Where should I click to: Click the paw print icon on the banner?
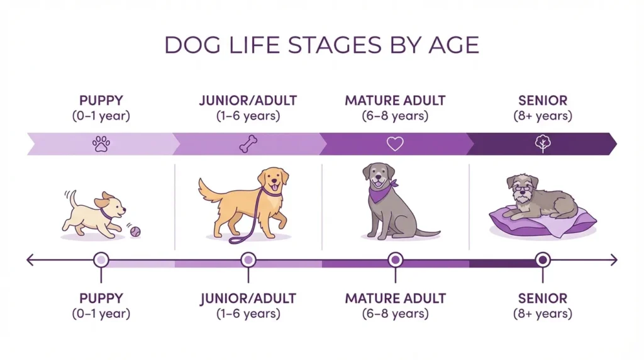pos(101,144)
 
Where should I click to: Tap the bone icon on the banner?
pos(247,144)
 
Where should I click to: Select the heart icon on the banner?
pos(394,144)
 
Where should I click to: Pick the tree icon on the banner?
pos(541,144)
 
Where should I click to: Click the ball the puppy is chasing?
pos(135,232)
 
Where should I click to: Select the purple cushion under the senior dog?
pos(535,223)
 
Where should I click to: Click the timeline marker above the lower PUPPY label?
pos(100,259)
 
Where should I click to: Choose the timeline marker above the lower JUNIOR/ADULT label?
pos(248,259)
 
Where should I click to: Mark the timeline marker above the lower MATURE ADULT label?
pos(395,259)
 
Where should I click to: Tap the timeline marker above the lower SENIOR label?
pos(542,259)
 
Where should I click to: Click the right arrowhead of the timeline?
pos(614,259)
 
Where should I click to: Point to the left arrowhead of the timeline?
pos(30,259)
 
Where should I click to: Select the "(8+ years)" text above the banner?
pos(542,116)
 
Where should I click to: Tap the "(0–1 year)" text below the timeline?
pos(101,313)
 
